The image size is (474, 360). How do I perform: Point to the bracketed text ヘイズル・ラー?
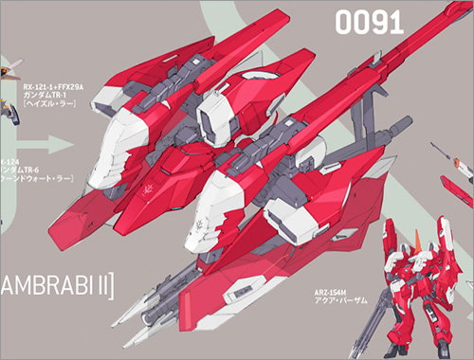click(x=53, y=109)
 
